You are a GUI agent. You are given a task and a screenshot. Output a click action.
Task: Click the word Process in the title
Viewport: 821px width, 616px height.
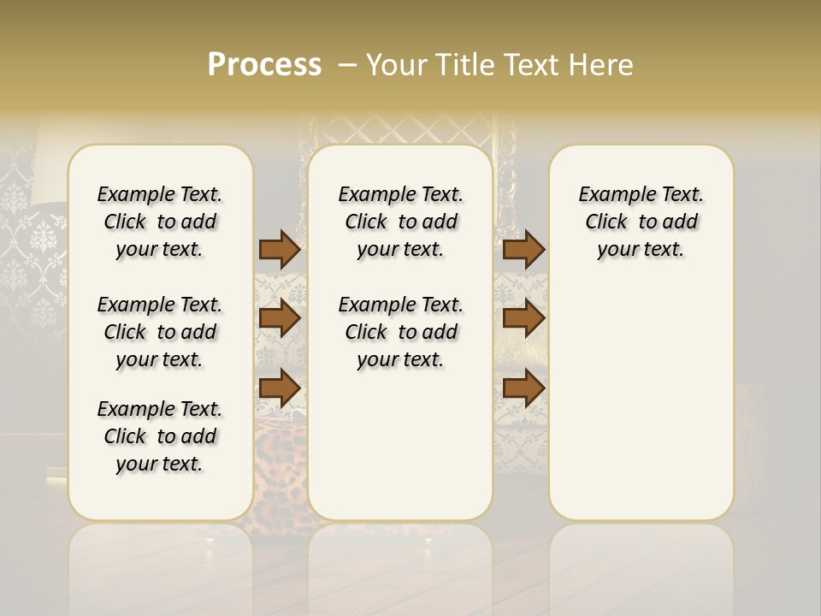(264, 65)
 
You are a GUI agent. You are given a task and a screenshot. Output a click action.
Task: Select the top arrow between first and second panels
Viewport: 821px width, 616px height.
(280, 249)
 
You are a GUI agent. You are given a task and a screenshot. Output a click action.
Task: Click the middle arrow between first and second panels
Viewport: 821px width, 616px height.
(280, 318)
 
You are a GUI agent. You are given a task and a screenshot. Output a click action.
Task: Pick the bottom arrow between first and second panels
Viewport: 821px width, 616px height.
(280, 388)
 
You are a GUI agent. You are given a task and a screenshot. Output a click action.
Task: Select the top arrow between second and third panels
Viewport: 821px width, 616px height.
(523, 249)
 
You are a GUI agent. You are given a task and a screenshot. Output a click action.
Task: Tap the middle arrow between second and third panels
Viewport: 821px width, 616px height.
(523, 318)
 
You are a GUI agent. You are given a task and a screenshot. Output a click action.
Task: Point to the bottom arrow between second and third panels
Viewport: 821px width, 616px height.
(523, 388)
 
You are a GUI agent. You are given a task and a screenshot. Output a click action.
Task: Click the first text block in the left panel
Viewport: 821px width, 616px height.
(160, 222)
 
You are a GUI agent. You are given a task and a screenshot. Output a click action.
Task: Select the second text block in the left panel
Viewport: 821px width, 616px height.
(160, 332)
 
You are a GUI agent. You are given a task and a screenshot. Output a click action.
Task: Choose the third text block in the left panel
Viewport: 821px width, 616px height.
(160, 436)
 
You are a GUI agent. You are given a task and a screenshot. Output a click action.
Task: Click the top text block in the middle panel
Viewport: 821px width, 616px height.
(400, 222)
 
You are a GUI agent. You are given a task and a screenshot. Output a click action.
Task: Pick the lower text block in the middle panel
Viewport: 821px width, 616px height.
(400, 332)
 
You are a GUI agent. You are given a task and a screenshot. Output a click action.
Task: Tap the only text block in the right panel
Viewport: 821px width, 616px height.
(641, 222)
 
